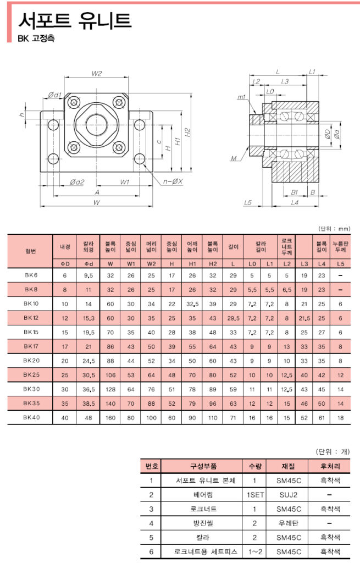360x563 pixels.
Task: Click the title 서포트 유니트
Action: point(75,20)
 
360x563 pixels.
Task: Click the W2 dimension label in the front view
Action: point(97,74)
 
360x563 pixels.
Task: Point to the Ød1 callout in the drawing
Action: point(54,95)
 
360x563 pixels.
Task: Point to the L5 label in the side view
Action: point(247,203)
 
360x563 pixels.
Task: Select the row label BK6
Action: point(31,275)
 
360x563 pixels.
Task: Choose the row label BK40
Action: point(31,417)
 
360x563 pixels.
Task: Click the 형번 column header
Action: point(31,250)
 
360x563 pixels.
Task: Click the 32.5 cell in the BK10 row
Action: point(192,303)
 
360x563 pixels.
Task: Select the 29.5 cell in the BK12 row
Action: point(233,318)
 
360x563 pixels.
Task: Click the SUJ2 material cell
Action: point(287,494)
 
